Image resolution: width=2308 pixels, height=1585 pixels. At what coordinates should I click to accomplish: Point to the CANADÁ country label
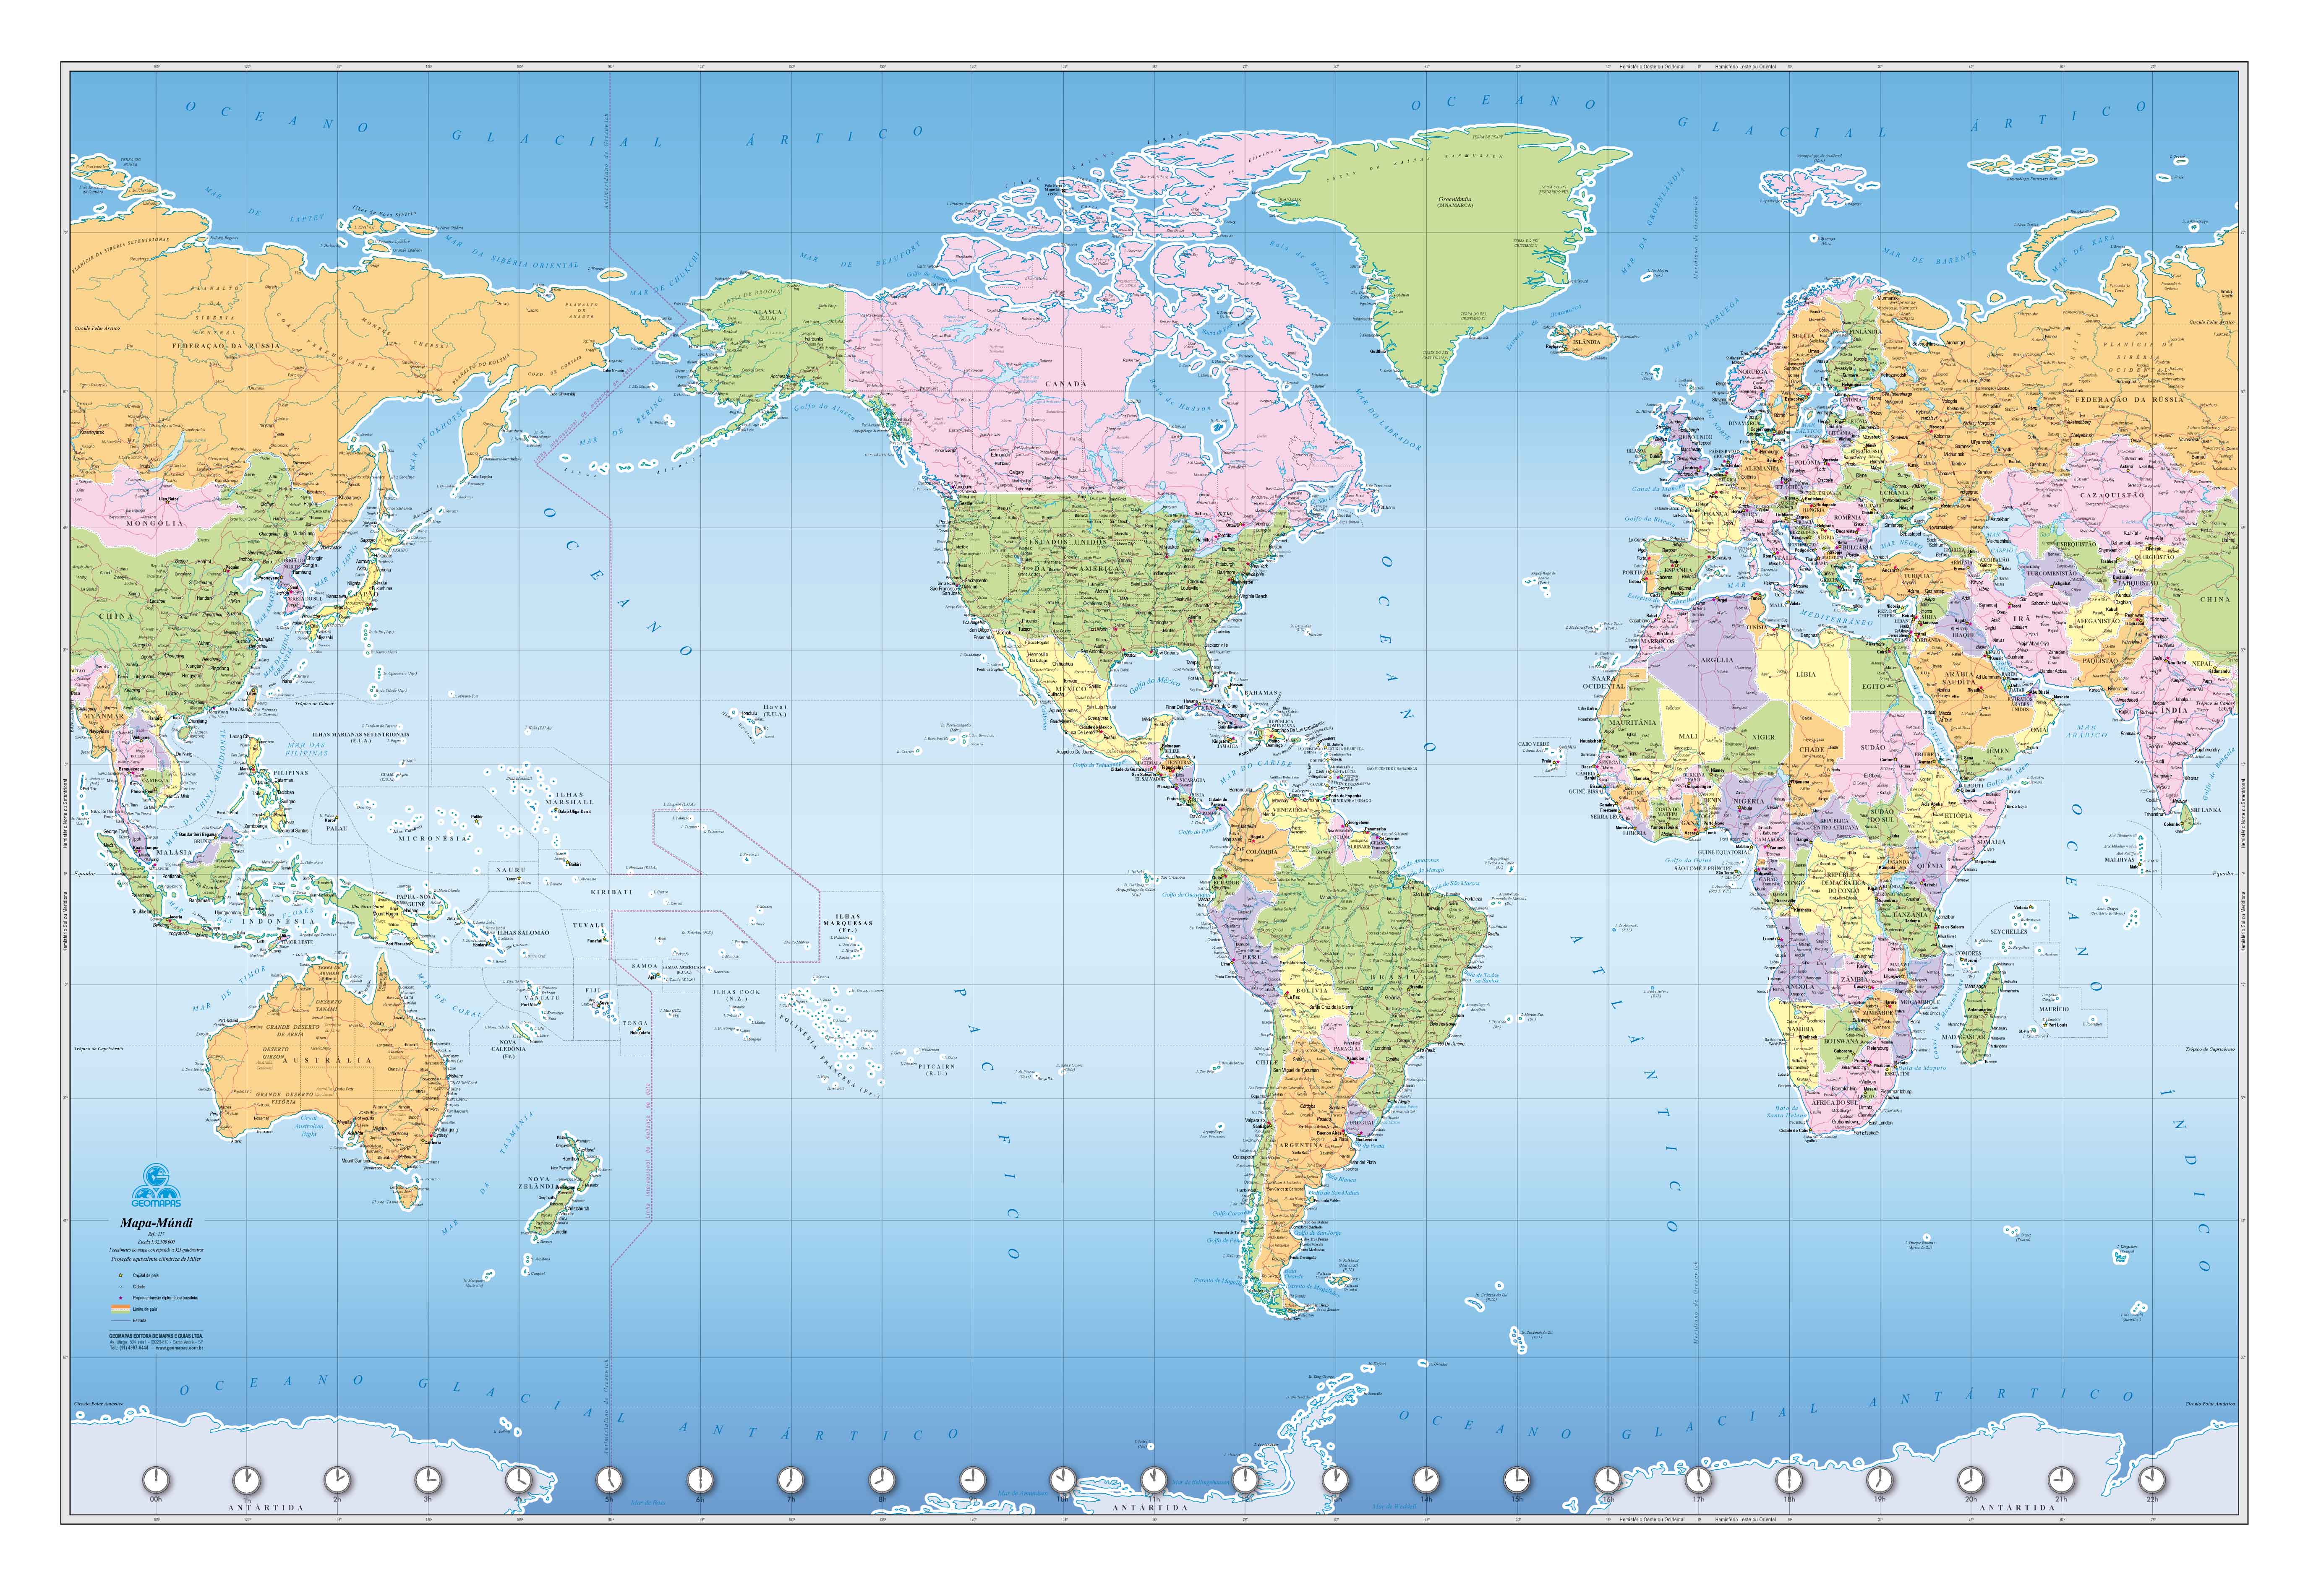(x=1066, y=383)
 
